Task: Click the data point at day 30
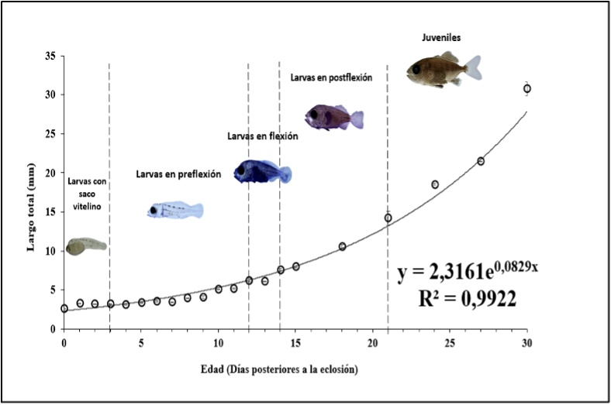527,88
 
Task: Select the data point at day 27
481,161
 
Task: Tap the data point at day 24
435,184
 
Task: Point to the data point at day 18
342,246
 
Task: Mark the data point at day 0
64,308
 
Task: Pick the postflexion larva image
334,117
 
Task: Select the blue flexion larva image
262,171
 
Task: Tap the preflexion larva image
175,210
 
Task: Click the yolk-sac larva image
85,246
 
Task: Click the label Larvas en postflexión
331,77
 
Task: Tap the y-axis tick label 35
48,56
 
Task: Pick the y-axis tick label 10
48,251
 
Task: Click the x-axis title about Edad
296,369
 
